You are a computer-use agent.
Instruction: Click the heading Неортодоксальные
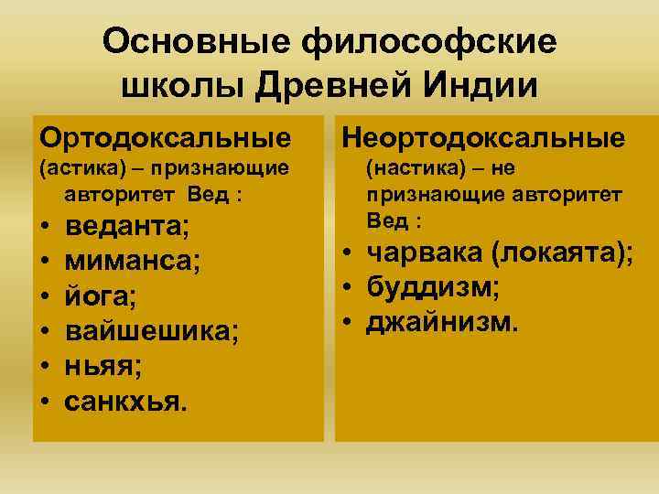483,138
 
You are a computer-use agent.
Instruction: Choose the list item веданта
125,225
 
